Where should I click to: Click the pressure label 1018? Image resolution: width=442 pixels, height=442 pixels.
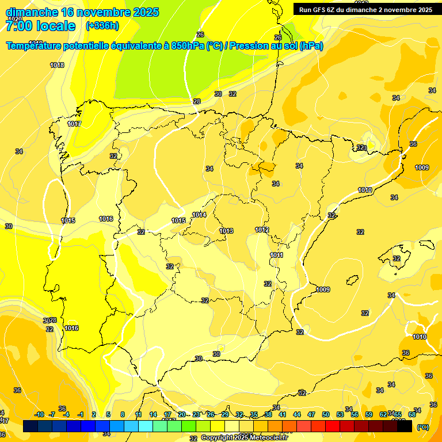pos(57,65)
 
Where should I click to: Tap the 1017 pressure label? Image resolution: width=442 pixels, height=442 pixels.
pos(74,124)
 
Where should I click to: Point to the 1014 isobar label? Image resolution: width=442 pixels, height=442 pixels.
pos(199,215)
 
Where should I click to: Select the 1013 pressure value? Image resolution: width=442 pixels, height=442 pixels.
pos(226,231)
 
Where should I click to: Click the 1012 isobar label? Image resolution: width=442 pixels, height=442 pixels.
pos(262,230)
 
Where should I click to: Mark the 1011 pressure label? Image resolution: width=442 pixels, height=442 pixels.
pos(276,255)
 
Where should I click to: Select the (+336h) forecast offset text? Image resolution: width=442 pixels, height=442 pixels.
pos(102,26)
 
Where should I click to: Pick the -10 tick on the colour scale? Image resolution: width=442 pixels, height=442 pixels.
pos(39,414)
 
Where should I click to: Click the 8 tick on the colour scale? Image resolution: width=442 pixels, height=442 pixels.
pos(123,414)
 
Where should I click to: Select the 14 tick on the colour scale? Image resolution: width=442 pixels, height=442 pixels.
pos(153,414)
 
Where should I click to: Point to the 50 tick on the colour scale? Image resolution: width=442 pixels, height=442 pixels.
pos(326,414)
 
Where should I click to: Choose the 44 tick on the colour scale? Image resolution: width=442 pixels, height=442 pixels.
pos(297,414)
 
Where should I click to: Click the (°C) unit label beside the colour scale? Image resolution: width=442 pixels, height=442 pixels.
pos(422,427)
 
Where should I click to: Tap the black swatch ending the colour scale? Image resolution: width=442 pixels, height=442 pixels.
pos(405,426)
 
